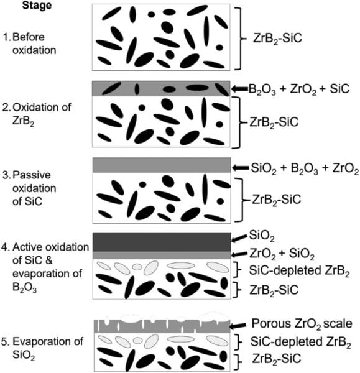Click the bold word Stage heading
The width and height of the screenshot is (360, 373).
tap(37, 6)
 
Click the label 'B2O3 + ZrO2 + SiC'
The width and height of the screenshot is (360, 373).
tap(299, 89)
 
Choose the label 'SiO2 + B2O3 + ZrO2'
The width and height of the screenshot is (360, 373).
tap(305, 168)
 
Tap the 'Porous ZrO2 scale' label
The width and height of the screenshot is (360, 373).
tap(302, 324)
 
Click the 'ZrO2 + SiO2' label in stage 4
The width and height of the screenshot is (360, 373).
tap(282, 254)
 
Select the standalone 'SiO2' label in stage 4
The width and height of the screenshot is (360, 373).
tap(262, 236)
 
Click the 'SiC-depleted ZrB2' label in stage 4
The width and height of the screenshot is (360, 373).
tap(300, 270)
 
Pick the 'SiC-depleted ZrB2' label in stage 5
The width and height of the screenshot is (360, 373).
tap(301, 342)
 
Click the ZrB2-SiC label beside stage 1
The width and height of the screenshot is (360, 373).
tap(277, 39)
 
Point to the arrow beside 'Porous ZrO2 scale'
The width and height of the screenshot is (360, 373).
tap(238, 326)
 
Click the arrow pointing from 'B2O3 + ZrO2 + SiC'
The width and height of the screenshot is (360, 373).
tap(240, 89)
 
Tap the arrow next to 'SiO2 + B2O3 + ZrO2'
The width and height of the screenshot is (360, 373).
tap(241, 168)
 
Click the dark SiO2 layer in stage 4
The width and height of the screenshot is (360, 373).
tap(162, 242)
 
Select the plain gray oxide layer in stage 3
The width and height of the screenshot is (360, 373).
tap(162, 165)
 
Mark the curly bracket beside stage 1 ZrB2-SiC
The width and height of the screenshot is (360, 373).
tap(241, 39)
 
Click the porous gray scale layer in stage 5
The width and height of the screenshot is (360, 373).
tap(162, 327)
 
